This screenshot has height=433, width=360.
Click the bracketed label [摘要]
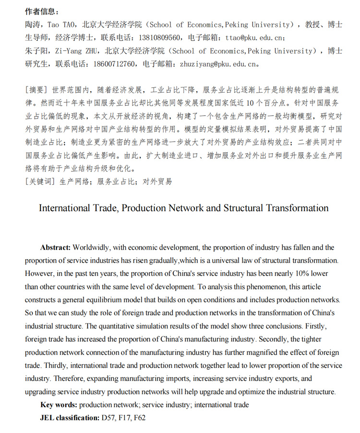(x=36, y=90)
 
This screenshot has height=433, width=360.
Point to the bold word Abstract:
(x=55, y=248)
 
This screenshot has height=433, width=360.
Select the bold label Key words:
(x=59, y=405)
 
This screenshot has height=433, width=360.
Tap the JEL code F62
(x=139, y=418)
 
